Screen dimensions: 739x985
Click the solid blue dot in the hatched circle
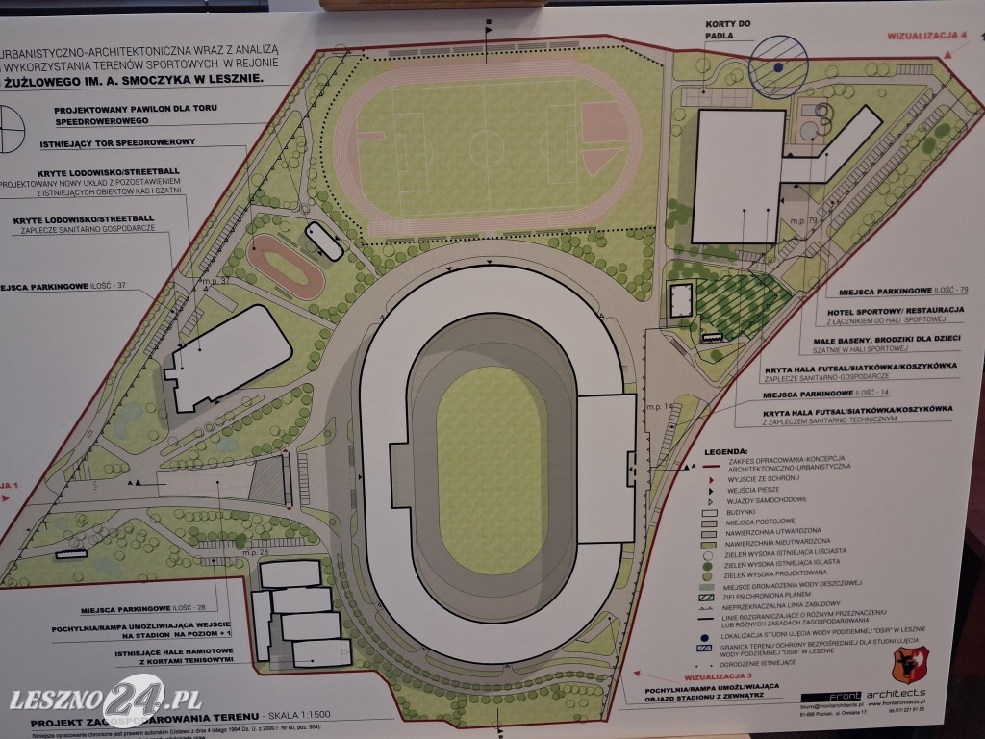pos(775,68)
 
